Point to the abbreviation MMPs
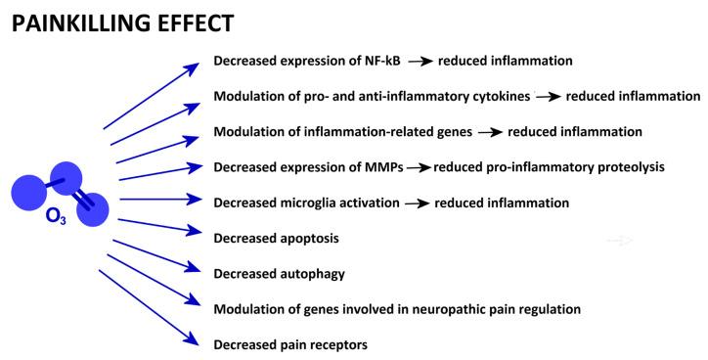(378, 167)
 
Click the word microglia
(310, 202)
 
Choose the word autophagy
(311, 274)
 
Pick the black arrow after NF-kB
(420, 62)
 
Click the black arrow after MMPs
(419, 167)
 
